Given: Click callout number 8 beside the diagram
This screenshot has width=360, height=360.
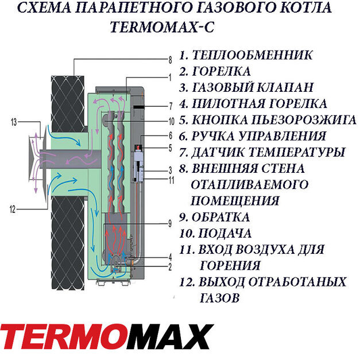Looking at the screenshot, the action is tap(170, 60).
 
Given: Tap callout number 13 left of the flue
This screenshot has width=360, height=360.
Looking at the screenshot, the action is tap(14, 122).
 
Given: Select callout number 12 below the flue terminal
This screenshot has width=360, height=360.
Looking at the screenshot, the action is tap(13, 210).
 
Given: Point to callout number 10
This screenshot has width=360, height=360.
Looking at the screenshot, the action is tap(172, 122).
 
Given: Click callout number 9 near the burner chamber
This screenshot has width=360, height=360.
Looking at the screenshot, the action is tap(170, 223).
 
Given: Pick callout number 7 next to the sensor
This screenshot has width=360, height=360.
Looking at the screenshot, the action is tap(171, 106).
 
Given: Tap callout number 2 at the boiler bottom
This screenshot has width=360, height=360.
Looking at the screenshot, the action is tap(170, 267).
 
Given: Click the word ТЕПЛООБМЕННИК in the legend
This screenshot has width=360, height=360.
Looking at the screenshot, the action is tap(252, 55).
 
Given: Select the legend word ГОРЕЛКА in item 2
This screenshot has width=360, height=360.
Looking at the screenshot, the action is tap(221, 71).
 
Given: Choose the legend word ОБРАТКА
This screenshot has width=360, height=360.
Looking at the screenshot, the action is tap(220, 217).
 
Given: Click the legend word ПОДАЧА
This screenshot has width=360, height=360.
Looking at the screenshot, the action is tap(224, 234).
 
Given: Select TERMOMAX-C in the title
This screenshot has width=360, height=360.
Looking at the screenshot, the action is tap(162, 27).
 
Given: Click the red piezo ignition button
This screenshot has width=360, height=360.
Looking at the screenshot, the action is tap(139, 147).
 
